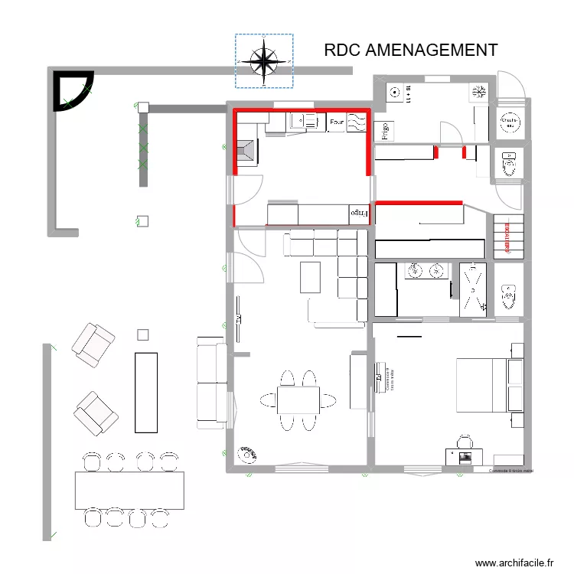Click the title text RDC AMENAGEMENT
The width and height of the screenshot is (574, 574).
click(x=410, y=51)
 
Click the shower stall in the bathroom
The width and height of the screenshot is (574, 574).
click(x=473, y=290)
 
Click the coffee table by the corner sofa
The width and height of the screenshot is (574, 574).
click(x=310, y=277)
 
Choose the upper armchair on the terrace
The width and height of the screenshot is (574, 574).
click(x=93, y=342)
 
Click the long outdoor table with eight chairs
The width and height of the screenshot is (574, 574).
click(x=130, y=491)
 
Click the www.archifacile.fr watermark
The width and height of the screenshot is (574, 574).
click(x=514, y=563)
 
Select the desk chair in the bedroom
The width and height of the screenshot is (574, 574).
click(x=465, y=442)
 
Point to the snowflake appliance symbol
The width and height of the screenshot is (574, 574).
click(x=478, y=93)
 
